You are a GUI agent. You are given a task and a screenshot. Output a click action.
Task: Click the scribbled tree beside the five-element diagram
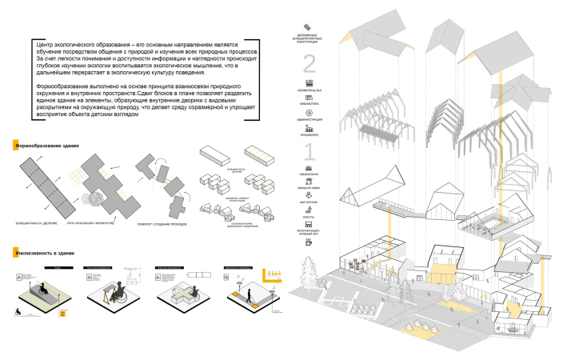click(89, 196)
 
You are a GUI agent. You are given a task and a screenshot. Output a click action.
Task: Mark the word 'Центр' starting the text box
click(44, 44)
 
